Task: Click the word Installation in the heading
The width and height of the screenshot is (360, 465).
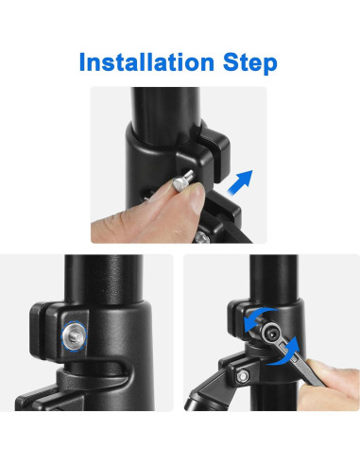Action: click(147, 61)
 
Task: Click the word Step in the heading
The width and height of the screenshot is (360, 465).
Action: click(250, 63)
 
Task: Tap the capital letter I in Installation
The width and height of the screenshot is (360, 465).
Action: click(82, 61)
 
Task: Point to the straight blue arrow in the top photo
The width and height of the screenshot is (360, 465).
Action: click(240, 182)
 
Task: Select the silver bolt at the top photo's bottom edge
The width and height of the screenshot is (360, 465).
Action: click(201, 238)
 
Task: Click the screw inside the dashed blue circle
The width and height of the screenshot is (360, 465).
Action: click(74, 336)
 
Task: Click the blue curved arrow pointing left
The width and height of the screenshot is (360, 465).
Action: click(257, 316)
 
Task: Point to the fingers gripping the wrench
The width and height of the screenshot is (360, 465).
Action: click(329, 385)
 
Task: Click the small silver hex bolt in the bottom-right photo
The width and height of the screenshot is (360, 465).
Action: click(243, 376)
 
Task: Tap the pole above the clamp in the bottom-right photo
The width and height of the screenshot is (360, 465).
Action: click(273, 277)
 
